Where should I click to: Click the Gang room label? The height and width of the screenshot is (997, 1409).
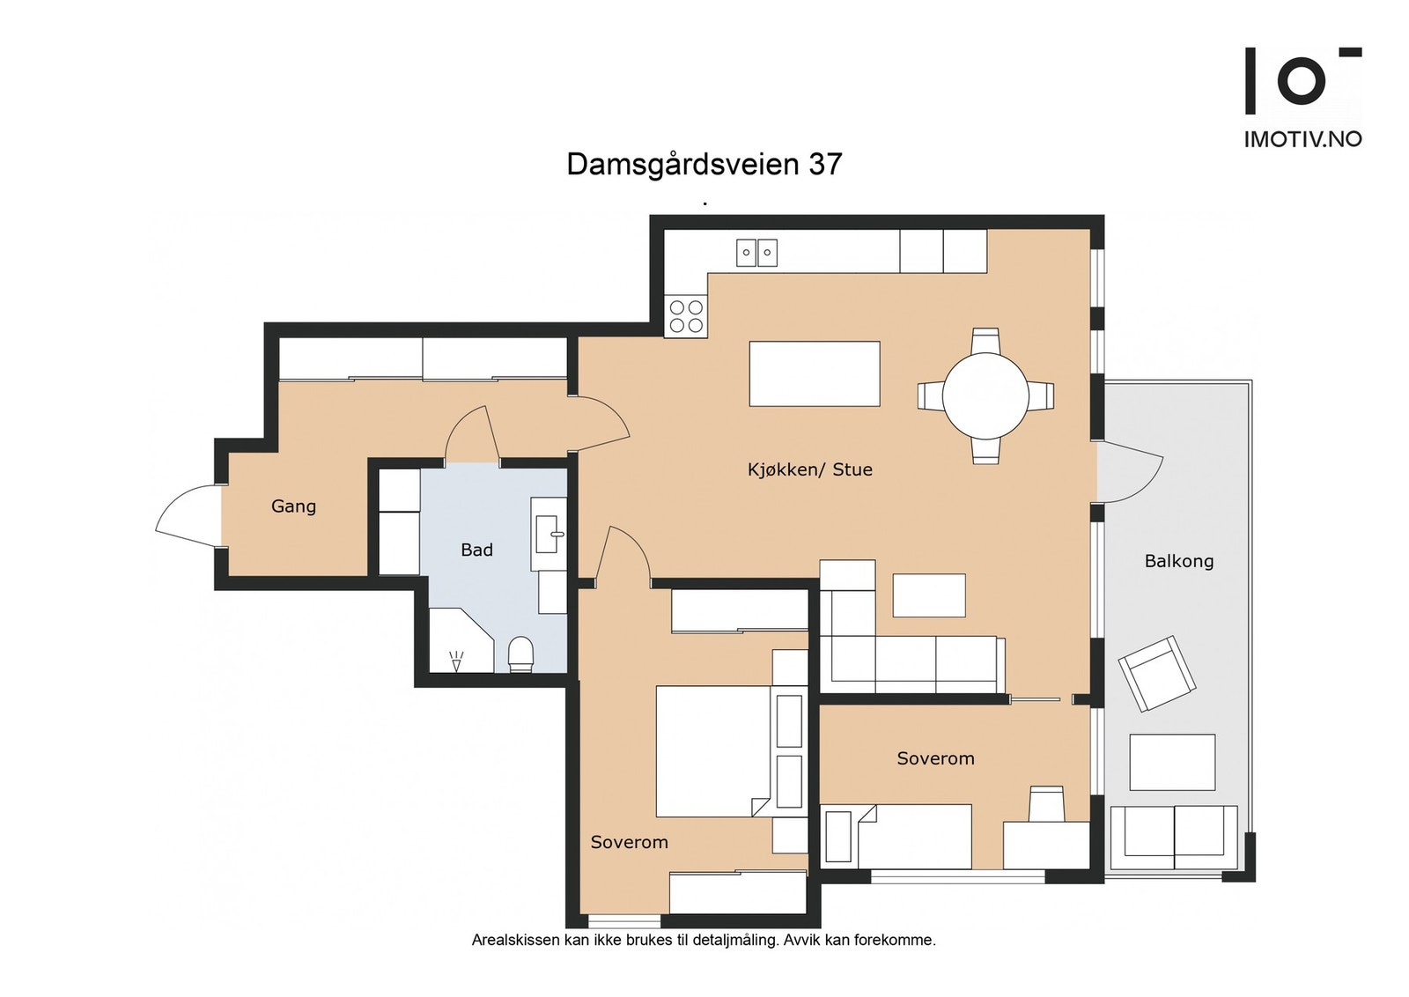coord(293,506)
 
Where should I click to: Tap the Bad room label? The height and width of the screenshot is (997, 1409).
coord(476,550)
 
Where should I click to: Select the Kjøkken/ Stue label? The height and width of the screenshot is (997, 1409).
coord(810,470)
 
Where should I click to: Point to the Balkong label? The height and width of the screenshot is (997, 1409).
coord(1179,561)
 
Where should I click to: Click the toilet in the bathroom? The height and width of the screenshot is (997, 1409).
coord(520,654)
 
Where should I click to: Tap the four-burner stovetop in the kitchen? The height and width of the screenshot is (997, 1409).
coord(686,316)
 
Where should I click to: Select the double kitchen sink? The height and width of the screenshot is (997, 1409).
coord(756,252)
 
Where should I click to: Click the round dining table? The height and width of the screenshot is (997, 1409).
coord(985,396)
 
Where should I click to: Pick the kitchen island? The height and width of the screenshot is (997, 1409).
coord(815,373)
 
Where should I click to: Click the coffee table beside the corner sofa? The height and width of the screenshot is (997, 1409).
coord(929,595)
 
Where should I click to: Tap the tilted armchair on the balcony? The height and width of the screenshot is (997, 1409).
coord(1157,673)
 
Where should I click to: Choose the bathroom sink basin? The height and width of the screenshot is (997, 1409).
coord(549,534)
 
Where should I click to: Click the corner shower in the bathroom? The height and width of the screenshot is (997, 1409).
coord(461,639)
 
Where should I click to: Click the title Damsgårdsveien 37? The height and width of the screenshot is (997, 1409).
coord(704,164)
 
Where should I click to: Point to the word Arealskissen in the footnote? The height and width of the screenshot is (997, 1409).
coord(507,940)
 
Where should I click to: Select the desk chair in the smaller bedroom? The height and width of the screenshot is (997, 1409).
coord(1046,803)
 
